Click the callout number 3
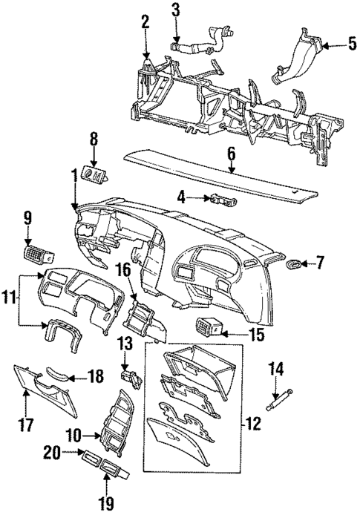175,10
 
